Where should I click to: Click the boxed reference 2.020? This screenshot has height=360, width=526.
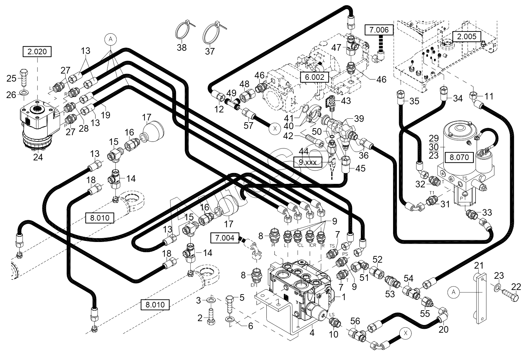[37, 51]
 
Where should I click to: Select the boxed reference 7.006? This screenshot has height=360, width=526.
[379, 30]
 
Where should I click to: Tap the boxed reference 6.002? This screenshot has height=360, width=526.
[314, 77]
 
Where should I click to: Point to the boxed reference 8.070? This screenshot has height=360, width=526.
[459, 157]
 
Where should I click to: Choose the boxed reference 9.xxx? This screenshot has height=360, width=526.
[308, 162]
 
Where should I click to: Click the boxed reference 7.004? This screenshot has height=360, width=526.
[225, 238]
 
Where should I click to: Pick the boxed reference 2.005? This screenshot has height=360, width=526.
[467, 36]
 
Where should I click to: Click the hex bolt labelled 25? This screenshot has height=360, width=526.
[24, 78]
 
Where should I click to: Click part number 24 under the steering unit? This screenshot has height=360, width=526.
[38, 157]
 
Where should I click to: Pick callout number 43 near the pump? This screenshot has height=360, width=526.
[346, 101]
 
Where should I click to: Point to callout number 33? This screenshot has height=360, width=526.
[487, 212]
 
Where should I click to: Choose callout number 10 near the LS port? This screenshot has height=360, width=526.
[334, 334]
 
